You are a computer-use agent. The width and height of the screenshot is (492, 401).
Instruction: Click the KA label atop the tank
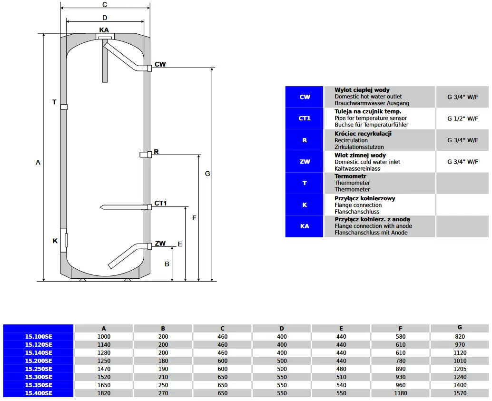click(x=104, y=30)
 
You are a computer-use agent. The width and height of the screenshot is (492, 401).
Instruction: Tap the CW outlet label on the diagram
click(x=160, y=64)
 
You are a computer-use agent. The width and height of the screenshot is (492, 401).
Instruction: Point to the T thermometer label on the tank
click(x=54, y=102)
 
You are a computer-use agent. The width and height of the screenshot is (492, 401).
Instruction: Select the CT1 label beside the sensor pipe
click(x=161, y=204)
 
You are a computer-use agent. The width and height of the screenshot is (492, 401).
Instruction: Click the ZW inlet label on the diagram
click(x=160, y=244)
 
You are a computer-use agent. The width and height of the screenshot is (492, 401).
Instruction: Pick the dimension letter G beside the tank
click(x=207, y=174)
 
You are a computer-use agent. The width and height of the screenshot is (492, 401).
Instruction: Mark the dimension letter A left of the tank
click(x=38, y=162)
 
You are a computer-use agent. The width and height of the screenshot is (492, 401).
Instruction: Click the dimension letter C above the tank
click(x=105, y=5)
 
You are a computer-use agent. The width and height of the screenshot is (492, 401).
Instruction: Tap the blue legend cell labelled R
click(x=305, y=140)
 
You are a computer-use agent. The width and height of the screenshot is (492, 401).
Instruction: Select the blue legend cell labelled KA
click(x=305, y=226)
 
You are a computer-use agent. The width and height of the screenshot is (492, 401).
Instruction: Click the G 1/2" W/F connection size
click(x=462, y=118)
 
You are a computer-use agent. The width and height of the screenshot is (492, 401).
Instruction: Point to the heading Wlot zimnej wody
click(x=360, y=156)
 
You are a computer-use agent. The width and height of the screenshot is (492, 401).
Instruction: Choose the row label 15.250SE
click(x=39, y=369)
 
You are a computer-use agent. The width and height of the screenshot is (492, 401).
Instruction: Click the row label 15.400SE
click(x=39, y=393)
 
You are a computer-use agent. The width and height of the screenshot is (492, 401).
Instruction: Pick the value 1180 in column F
click(x=400, y=393)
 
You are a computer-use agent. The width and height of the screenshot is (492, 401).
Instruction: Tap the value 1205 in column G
click(x=460, y=369)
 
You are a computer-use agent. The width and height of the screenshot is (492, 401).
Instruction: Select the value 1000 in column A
click(x=104, y=337)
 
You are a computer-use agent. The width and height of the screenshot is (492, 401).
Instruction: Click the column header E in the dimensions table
click(x=341, y=329)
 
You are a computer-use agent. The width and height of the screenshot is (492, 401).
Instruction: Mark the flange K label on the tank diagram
click(x=55, y=241)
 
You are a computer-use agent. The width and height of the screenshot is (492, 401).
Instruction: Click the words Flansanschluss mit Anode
click(x=371, y=233)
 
